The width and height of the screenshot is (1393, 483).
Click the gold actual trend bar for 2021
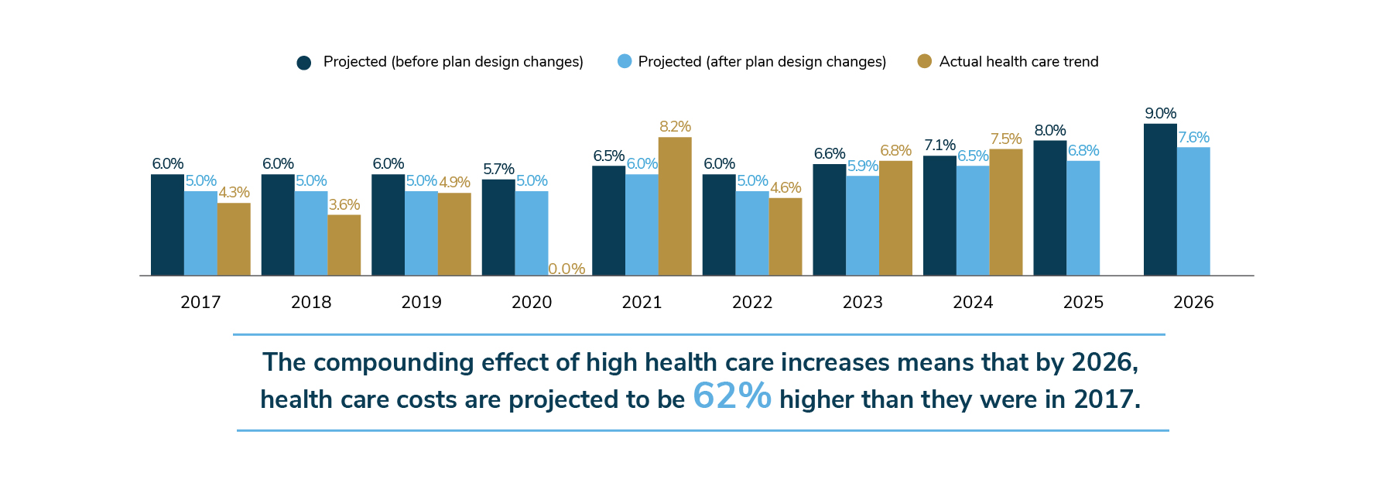675,207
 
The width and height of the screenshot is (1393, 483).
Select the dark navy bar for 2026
1160,200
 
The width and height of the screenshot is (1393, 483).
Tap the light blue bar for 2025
1083,218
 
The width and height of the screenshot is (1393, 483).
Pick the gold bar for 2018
344,245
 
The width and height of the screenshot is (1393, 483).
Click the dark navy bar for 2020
498,228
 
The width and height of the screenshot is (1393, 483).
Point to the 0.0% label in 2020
566,269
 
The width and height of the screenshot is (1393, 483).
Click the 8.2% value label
675,126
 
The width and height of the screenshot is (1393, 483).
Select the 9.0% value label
1160,113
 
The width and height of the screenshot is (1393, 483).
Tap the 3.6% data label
344,204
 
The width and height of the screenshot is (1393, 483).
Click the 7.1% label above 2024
940,145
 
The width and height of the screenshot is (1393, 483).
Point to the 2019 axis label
421,302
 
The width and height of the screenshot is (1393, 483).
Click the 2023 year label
862,302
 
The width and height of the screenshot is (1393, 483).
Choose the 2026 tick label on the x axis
1193,302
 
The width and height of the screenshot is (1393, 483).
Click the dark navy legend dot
303,63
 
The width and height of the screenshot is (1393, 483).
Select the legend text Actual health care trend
1018,62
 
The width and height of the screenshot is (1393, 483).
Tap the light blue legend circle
625,61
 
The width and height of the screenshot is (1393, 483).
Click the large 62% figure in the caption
731,396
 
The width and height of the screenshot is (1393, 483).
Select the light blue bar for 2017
200,234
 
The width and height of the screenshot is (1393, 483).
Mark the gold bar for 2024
1005,212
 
